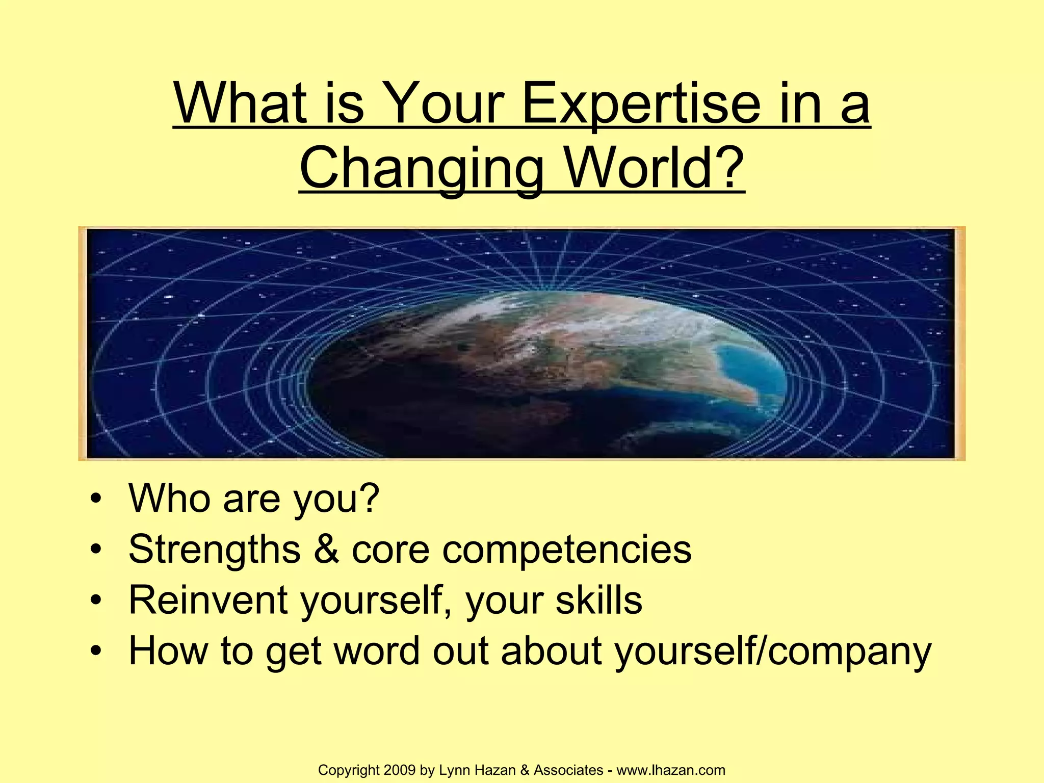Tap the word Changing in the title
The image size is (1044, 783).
point(422,168)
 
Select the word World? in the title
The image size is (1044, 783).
point(655,168)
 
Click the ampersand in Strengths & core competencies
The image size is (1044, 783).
point(326,549)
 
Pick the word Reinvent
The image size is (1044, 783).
point(208,601)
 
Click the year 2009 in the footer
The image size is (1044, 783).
point(400,770)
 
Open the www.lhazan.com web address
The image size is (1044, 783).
point(671,770)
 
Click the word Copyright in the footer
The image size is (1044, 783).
point(349,770)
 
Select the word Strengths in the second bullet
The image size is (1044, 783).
point(215,550)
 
